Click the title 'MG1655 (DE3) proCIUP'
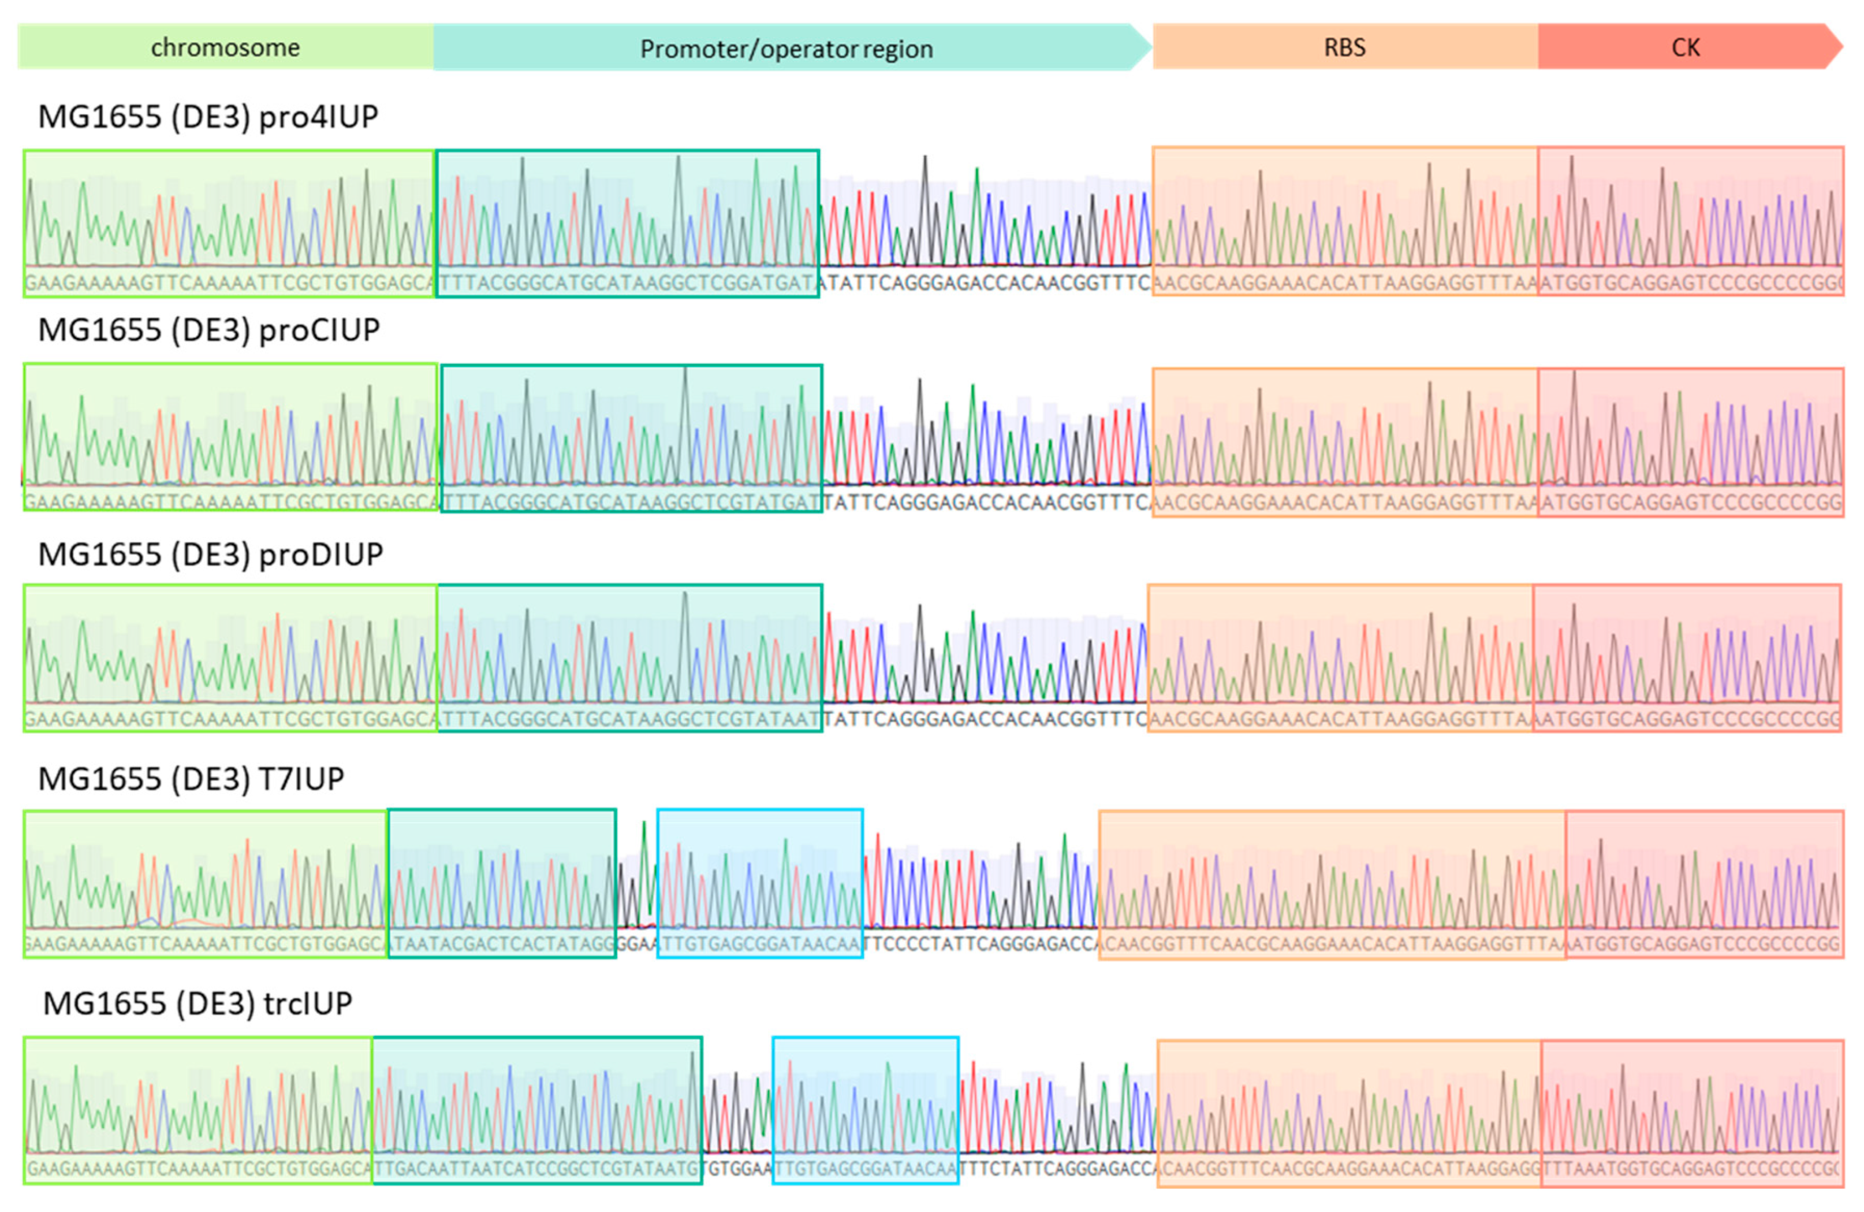pos(209,330)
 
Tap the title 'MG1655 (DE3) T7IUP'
pos(191,779)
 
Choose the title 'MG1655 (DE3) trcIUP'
pos(197,1003)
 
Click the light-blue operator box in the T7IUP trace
pos(760,883)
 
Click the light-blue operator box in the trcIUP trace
pos(866,1110)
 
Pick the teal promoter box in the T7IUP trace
pos(502,883)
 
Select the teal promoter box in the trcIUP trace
pos(537,1110)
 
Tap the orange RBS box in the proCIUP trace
pos(1345,442)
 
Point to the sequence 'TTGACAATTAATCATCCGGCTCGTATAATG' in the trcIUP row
pos(537,1169)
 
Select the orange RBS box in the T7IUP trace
pos(1332,883)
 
